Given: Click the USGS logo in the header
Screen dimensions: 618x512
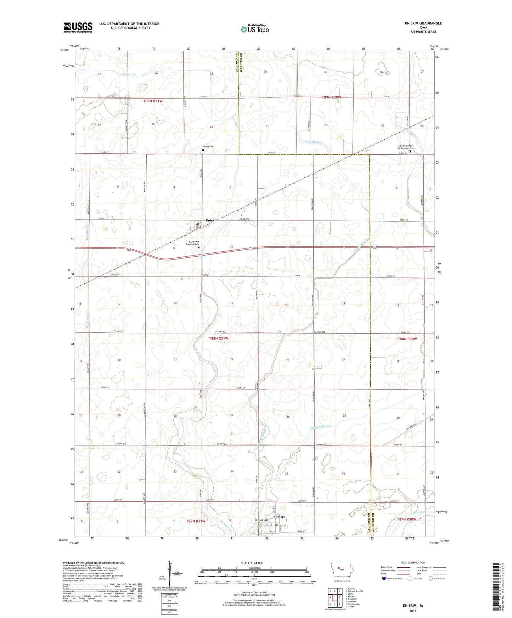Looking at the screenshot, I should (x=78, y=27).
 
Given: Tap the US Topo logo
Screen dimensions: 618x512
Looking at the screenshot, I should (x=254, y=29).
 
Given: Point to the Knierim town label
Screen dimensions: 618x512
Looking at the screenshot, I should (x=212, y=220).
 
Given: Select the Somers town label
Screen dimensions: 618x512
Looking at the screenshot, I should (x=279, y=517).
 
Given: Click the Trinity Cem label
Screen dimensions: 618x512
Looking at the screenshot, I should (x=208, y=147).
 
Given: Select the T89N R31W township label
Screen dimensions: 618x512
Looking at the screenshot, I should (x=153, y=101).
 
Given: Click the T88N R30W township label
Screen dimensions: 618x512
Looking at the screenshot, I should (x=407, y=339).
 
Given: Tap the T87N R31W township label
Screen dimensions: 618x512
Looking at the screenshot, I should (x=196, y=521).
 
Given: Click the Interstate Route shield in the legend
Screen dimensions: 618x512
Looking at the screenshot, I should (x=384, y=578).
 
